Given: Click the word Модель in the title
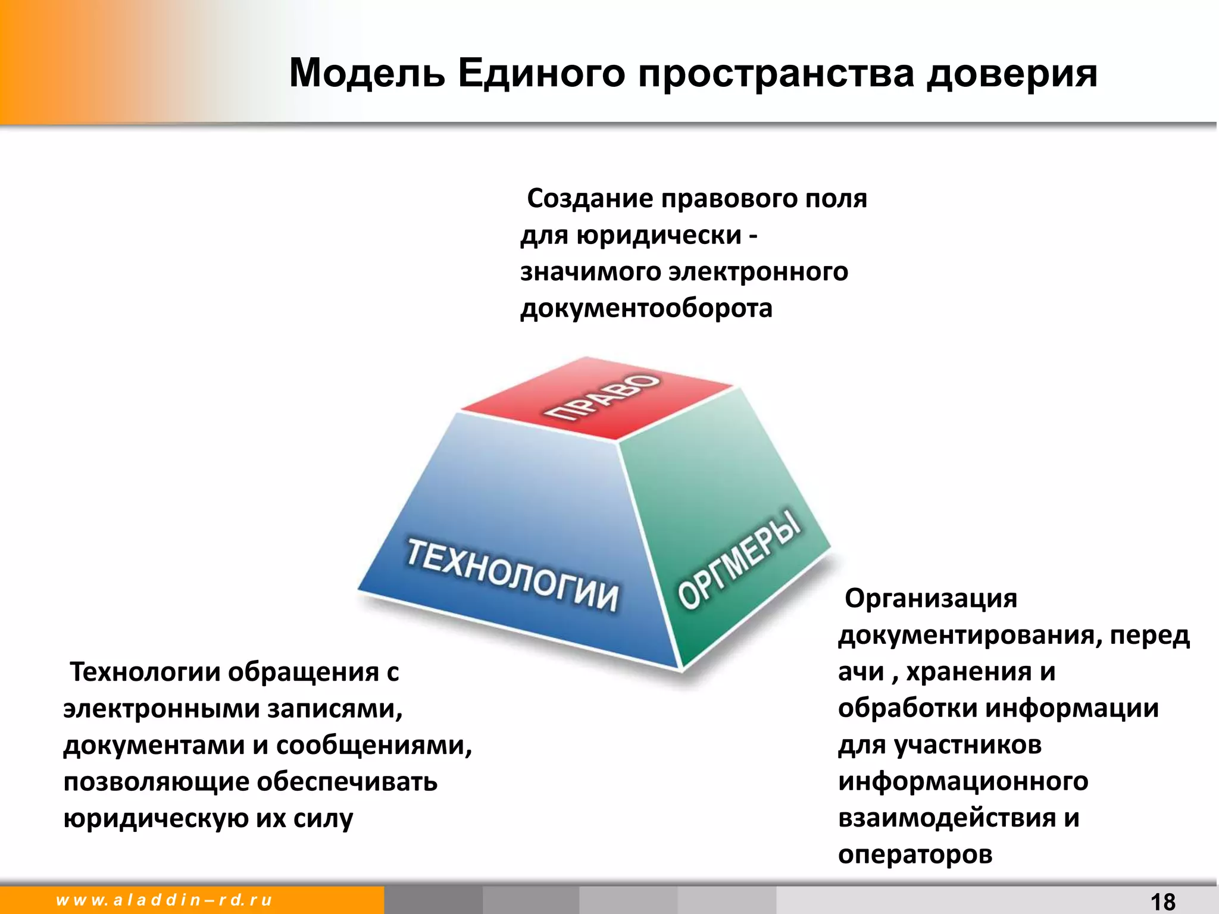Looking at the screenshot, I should coord(367,74).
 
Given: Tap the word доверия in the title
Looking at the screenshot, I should coord(1011,74).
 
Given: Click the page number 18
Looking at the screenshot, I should coord(1162,902).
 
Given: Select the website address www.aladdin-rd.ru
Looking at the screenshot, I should coord(164,900).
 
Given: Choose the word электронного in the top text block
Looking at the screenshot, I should coord(758,272).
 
